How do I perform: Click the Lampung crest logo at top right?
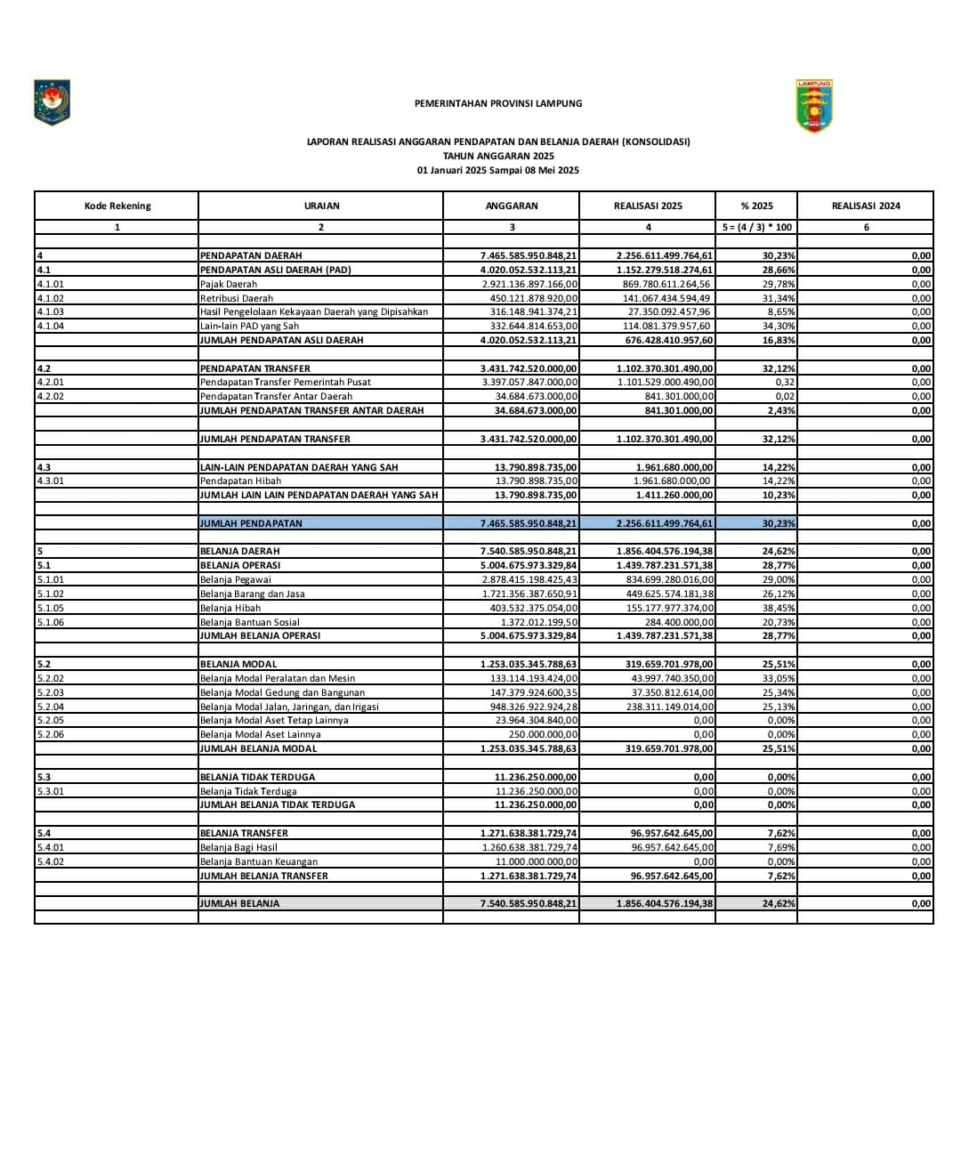click(814, 106)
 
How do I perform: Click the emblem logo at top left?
click(52, 101)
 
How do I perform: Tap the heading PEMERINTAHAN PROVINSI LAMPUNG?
click(498, 103)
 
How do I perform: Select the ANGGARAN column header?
click(511, 206)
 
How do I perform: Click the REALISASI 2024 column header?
click(865, 206)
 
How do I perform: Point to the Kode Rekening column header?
click(117, 206)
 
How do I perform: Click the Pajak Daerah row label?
click(229, 284)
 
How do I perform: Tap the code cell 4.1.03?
click(50, 311)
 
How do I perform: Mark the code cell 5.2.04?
click(50, 707)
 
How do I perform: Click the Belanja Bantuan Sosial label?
click(249, 622)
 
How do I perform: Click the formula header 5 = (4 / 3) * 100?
click(756, 227)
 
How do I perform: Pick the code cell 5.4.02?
click(50, 861)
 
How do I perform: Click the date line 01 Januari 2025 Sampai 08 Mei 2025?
click(498, 170)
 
